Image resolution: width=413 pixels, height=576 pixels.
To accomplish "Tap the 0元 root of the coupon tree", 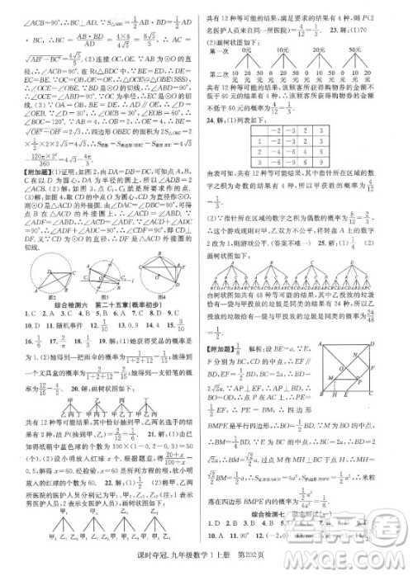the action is tap(245, 50).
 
